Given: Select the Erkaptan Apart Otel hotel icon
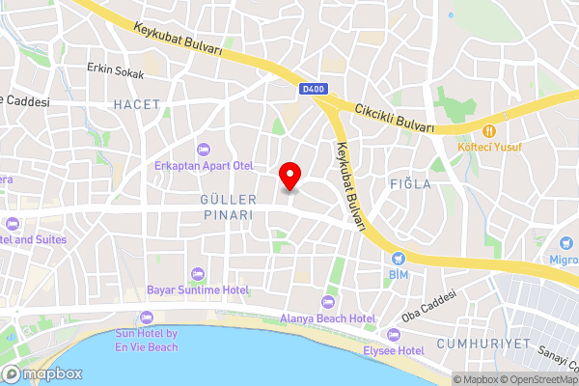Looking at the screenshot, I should pos(203,149).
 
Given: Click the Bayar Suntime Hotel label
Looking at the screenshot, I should pos(198,289).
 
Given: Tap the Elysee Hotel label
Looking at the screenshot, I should pos(397,350).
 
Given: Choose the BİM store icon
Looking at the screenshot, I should pos(398,259).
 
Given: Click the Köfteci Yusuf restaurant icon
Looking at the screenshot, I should pos(489,130).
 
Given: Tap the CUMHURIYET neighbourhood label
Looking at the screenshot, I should pos(483,344).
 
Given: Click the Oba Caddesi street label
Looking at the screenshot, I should pos(427,304).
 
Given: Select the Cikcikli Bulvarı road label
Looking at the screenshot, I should pos(395,118).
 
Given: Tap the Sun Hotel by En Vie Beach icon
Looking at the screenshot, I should pos(147,317).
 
